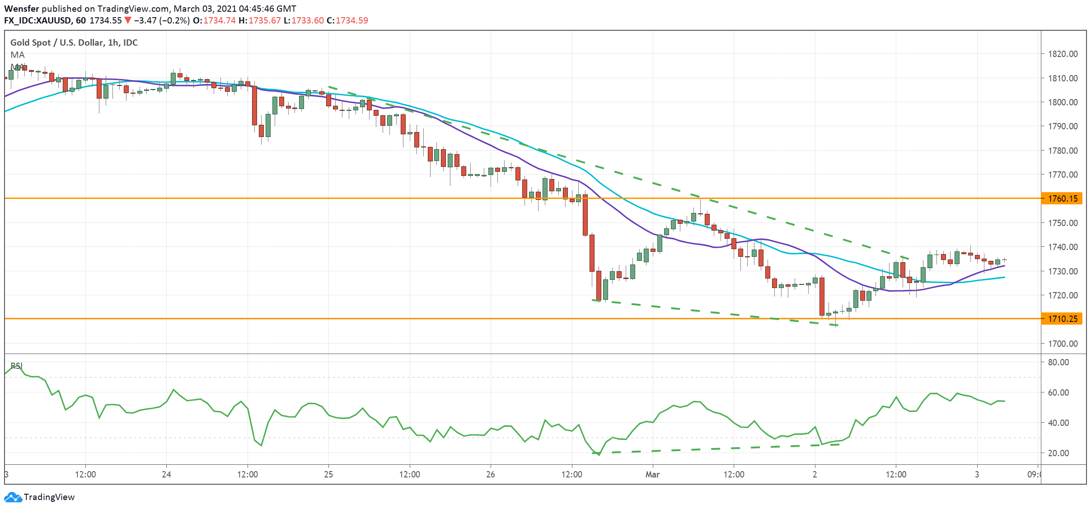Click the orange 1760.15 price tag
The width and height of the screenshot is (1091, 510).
coord(1062,198)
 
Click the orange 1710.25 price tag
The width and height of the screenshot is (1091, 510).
coord(1062,319)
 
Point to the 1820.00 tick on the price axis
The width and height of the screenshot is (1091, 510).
coord(1063,54)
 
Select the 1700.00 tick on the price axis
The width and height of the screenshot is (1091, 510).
coord(1063,344)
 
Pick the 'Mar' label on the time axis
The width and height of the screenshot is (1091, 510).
coord(652,474)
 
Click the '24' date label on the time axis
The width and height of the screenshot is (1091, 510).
coord(166,474)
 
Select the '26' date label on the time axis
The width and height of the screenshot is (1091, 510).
coord(491,474)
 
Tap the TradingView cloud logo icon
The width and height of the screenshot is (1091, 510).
coord(13,497)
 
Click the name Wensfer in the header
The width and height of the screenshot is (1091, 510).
coord(22,9)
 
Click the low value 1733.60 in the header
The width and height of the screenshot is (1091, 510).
coord(308,20)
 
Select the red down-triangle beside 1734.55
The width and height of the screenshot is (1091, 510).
coord(128,20)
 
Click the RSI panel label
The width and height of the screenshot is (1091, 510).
coord(17,366)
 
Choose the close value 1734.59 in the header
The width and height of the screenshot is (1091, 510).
coord(352,20)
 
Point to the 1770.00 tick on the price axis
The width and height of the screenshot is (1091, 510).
coord(1063,175)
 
